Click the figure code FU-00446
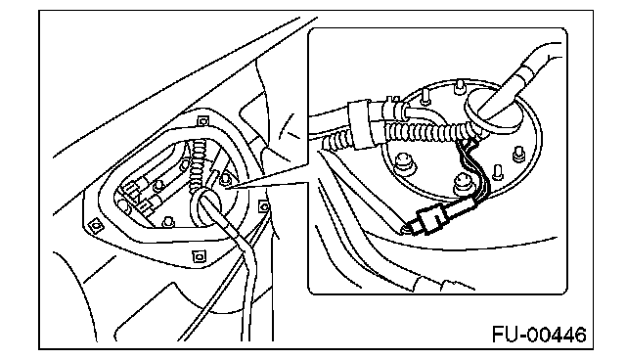pos(539,335)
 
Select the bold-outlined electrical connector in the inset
pos(430,220)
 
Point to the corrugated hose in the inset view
pos(425,131)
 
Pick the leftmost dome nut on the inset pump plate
pos(403,162)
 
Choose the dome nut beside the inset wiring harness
pos(463,183)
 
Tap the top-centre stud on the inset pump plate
pos(461,87)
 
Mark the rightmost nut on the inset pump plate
pos(518,154)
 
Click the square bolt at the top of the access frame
pos(202,120)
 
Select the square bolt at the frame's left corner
pos(96,226)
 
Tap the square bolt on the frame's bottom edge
pos(198,256)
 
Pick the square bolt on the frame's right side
pos(264,206)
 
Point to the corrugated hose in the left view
pos(198,163)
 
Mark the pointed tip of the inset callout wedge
pos(226,188)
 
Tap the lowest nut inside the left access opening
pos(168,221)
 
